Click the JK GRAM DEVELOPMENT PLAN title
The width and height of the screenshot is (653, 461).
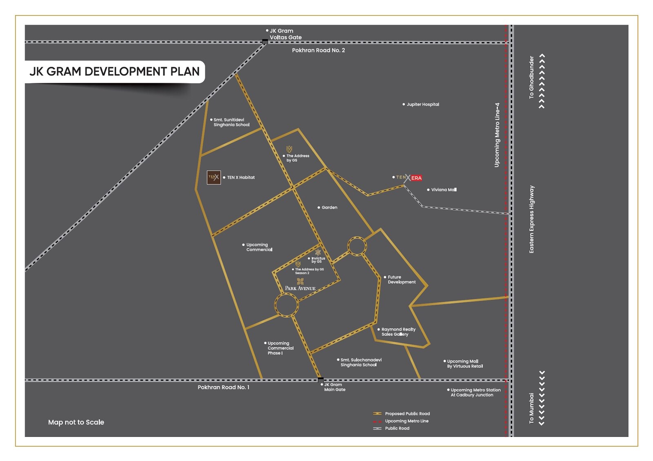coord(114,71)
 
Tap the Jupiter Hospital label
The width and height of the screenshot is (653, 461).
coord(422,104)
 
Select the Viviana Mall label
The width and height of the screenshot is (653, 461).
coord(444,190)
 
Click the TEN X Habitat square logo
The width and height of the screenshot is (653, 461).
coord(214,177)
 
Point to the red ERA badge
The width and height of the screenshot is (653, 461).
coord(416,178)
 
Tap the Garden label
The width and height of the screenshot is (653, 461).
coord(329,208)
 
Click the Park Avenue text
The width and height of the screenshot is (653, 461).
coord(300,288)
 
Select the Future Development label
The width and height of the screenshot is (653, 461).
coord(401,279)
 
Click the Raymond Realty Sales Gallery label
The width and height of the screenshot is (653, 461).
coord(398,332)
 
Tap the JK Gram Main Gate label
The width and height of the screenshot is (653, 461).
coord(334,387)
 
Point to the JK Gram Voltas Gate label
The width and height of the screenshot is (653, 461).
coord(285,34)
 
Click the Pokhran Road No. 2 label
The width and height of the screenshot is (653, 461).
coord(318,50)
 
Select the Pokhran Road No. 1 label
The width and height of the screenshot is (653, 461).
coord(223,387)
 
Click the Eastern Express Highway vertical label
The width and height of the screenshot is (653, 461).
coord(531,219)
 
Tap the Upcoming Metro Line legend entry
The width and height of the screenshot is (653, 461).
coord(406,421)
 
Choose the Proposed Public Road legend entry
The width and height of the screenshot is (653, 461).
coord(407,414)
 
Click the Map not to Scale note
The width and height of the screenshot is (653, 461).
coord(76,422)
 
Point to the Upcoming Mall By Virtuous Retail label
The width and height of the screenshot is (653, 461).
coord(464,364)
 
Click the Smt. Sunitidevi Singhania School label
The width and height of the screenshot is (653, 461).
coord(231,122)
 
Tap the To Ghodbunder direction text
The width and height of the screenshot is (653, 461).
coord(531,77)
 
